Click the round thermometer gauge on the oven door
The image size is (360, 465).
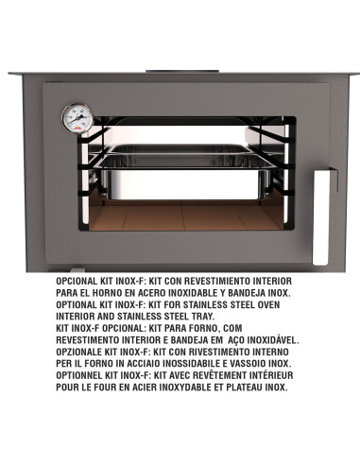(x=77, y=118)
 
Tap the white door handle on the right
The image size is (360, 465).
(x=321, y=217)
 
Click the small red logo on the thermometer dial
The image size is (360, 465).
(x=77, y=129)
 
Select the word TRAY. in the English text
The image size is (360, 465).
(x=203, y=317)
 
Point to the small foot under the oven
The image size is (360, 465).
(x=77, y=270)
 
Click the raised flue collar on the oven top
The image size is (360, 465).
(x=182, y=71)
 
